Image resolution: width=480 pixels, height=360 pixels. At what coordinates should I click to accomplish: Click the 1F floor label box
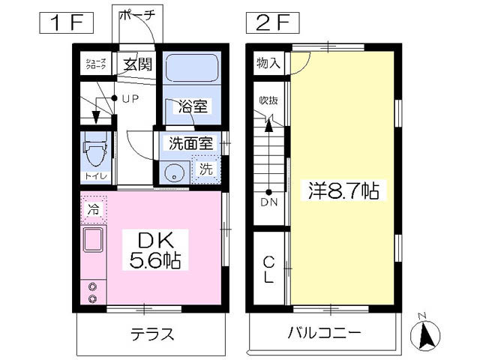pyautogui.click(x=66, y=23)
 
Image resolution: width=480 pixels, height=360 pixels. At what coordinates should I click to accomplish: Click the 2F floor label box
pyautogui.click(x=272, y=23)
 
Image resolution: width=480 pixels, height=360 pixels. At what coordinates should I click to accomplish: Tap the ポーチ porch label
pyautogui.click(x=137, y=15)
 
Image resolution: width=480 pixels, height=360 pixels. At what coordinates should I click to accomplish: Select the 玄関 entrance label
pyautogui.click(x=138, y=64)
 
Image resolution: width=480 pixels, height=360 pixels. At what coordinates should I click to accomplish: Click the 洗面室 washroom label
pyautogui.click(x=191, y=143)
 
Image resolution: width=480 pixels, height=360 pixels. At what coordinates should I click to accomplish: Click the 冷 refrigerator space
pyautogui.click(x=94, y=209)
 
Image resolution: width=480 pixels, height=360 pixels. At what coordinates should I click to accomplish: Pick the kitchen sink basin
pyautogui.click(x=93, y=239)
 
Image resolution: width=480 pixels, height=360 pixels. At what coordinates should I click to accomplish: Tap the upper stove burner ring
pyautogui.click(x=92, y=286)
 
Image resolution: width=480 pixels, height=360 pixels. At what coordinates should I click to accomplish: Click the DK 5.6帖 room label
pyautogui.click(x=155, y=250)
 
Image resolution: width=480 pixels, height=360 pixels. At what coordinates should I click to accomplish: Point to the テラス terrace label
pyautogui.click(x=152, y=334)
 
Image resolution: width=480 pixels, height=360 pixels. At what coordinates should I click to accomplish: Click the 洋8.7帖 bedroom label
pyautogui.click(x=343, y=190)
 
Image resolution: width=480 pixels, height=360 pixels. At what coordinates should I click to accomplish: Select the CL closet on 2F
pyautogui.click(x=268, y=269)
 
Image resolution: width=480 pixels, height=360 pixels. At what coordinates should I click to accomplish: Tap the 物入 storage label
pyautogui.click(x=268, y=63)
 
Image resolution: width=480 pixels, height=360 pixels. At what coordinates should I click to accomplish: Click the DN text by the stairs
pyautogui.click(x=269, y=202)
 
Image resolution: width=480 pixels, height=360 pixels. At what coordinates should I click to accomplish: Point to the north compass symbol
pyautogui.click(x=425, y=333)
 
